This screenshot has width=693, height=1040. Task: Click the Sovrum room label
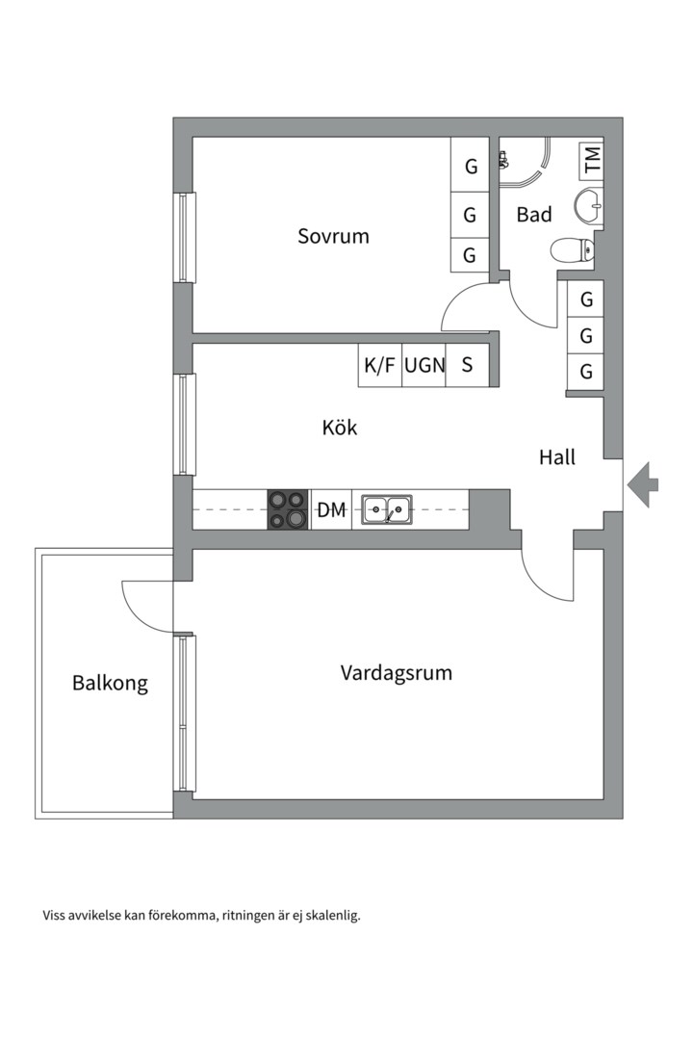333,236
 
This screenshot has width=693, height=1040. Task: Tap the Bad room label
534,214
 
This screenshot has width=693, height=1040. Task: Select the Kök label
339,427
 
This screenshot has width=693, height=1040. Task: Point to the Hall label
556,457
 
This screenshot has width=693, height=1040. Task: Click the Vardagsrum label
396,672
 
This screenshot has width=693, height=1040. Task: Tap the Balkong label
110,684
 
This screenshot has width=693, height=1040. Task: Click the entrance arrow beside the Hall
643,484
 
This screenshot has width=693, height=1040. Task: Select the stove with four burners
288,509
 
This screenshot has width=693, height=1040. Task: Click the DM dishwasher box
331,510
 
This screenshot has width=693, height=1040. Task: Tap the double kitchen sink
387,509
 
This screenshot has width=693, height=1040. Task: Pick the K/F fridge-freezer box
379,366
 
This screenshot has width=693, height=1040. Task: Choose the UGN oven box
423,366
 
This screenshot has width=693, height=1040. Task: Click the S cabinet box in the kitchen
468,366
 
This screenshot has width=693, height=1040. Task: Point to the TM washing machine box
591,159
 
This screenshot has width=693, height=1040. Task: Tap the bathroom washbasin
589,203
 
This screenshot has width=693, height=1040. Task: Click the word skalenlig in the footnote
332,916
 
